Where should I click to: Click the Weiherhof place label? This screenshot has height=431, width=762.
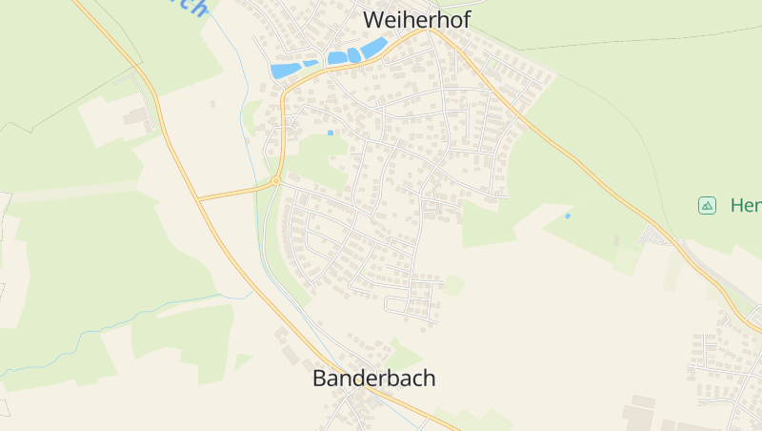pos(416,19)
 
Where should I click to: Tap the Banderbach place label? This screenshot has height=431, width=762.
pos(373,378)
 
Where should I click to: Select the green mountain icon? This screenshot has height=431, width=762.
pos(707,205)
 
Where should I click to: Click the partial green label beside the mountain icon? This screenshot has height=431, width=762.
pos(746,205)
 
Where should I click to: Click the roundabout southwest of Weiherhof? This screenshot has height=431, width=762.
pos(275,180)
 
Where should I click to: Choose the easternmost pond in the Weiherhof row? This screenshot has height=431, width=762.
pos(373,48)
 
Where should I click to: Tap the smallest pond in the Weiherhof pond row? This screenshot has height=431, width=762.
pos(311,63)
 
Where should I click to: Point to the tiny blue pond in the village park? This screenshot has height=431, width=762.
pos(331,133)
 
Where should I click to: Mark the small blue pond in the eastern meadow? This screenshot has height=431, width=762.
pos(568,215)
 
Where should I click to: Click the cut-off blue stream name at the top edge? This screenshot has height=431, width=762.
pos(190,8)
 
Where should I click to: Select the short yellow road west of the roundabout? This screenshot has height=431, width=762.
pos(235,191)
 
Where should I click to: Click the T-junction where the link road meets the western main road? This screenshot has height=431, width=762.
pos(200,198)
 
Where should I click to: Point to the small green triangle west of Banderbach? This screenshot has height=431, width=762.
pos(242,361)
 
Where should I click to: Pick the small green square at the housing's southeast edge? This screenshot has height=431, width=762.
pos(454,284)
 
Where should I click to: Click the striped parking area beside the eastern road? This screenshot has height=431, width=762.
pos(656,235)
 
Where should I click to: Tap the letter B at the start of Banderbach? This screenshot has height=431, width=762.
pos(319,378)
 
